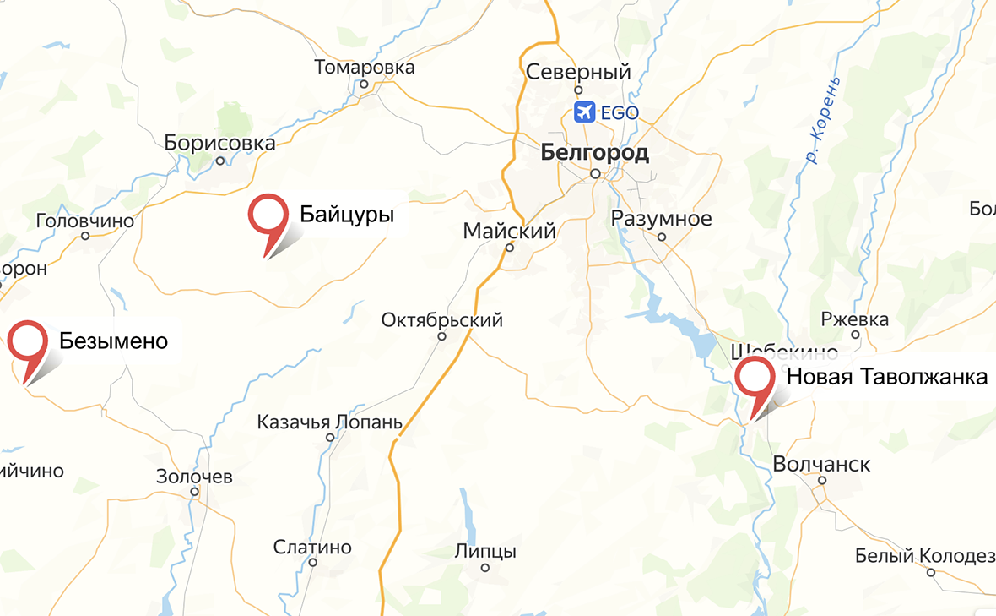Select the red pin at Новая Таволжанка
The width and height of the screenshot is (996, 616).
(x=755, y=378)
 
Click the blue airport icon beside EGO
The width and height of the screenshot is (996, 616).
(x=583, y=112)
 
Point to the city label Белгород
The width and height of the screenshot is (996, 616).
(x=594, y=153)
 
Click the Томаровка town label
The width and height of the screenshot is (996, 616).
(x=365, y=67)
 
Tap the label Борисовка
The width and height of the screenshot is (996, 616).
(x=220, y=143)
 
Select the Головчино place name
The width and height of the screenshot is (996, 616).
(x=85, y=221)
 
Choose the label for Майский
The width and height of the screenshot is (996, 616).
(x=510, y=231)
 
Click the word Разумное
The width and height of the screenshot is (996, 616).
(x=662, y=219)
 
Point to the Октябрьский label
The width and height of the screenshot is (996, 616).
(x=441, y=320)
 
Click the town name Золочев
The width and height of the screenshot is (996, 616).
(x=194, y=477)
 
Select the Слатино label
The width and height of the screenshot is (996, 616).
(x=312, y=547)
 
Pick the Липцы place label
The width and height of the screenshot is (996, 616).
(x=485, y=552)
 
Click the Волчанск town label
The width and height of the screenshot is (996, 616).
(x=821, y=465)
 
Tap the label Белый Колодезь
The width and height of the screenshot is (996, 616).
(x=925, y=555)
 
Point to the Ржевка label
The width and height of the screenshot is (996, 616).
(x=855, y=319)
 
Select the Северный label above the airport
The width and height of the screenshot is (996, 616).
(x=578, y=73)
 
